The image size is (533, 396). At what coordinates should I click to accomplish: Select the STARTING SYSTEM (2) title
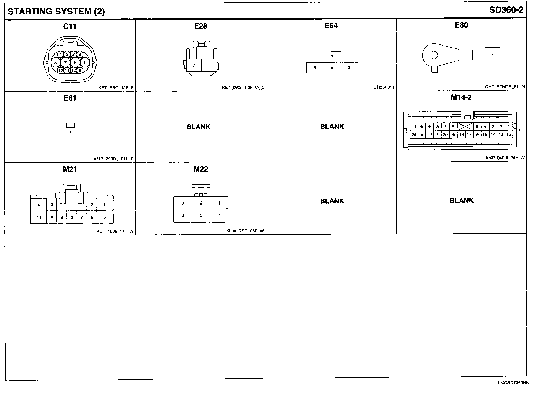[x=56, y=12]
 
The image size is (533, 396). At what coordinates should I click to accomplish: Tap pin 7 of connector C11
[x=65, y=63]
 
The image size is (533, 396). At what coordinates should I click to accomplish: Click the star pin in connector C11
[x=80, y=55]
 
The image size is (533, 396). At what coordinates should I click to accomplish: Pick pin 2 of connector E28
[x=194, y=66]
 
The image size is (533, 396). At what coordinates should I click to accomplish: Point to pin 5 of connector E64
[x=315, y=68]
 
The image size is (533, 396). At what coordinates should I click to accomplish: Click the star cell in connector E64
[x=332, y=68]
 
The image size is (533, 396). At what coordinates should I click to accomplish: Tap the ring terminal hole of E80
[x=434, y=55]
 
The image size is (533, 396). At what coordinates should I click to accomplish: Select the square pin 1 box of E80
[x=492, y=55]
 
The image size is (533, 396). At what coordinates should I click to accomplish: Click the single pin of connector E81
[x=71, y=133]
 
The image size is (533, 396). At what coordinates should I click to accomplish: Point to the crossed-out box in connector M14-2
[x=465, y=127]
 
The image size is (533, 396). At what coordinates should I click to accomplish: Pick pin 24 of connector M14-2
[x=414, y=135]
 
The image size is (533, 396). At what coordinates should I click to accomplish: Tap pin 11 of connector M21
[x=39, y=217]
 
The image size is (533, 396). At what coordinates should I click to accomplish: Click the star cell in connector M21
[x=52, y=217]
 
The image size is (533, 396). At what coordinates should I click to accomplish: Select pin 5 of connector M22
[x=201, y=215]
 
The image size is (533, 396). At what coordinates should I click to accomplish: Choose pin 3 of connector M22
[x=183, y=203]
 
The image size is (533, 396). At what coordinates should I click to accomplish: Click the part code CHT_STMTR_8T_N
[x=505, y=87]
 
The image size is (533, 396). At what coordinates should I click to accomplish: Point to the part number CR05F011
[x=384, y=87]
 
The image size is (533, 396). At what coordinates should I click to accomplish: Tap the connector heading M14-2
[x=461, y=97]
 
